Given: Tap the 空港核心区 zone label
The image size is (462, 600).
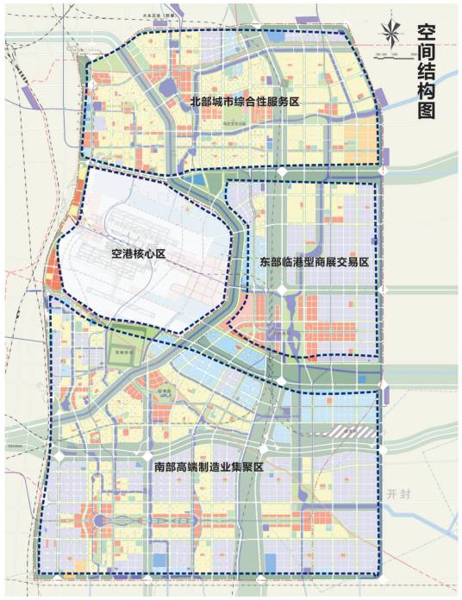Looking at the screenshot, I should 137,254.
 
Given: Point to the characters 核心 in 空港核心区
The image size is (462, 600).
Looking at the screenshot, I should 142,254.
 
